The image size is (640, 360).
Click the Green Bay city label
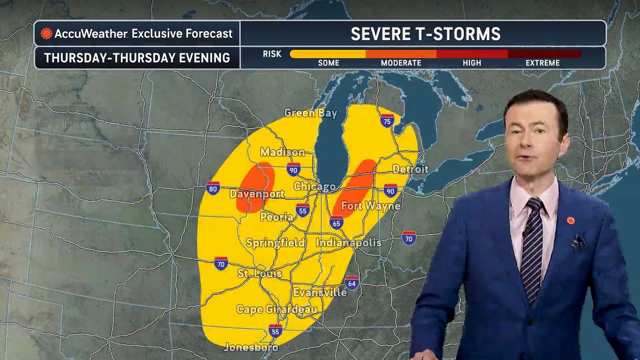tap(310, 113)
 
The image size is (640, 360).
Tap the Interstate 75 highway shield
tap(386, 120)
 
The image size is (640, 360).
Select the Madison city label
tap(282, 152)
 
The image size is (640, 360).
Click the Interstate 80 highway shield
tap(213, 188)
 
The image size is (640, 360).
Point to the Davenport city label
tap(256, 193)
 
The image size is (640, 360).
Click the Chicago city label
tap(314, 186)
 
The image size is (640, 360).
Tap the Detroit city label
tap(410, 169)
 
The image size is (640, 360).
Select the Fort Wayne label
tap(370, 206)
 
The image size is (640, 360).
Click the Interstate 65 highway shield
tap(336, 222)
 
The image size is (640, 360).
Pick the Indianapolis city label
tap(348, 242)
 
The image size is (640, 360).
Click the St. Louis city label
tap(259, 273)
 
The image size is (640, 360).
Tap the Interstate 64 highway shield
tap(351, 282)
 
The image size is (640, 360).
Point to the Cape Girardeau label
tap(276, 309)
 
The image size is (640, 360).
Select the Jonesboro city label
tap(250, 346)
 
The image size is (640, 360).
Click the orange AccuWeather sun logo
tap(46, 33)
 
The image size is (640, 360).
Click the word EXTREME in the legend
tap(542, 63)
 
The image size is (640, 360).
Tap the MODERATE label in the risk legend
tap(400, 63)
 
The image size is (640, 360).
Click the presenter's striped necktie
tap(532, 245)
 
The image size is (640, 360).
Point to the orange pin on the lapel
tap(570, 220)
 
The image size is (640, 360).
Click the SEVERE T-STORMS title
tap(425, 34)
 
